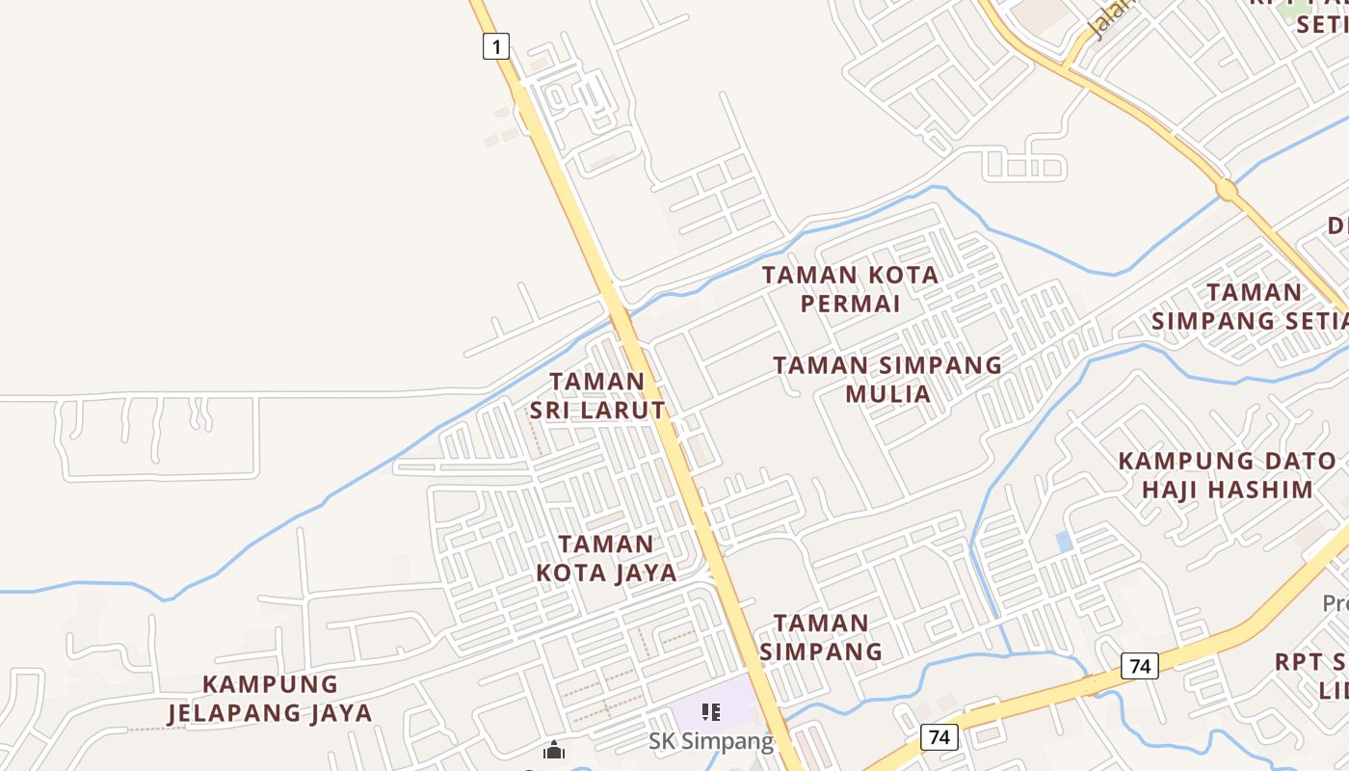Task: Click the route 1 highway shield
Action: (x=495, y=45)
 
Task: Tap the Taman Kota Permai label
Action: (x=850, y=289)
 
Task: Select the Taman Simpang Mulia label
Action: (x=887, y=379)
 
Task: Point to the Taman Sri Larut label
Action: (x=597, y=395)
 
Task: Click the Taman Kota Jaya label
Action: (x=606, y=558)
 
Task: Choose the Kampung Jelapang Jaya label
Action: (x=270, y=699)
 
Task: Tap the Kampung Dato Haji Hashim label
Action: (x=1227, y=475)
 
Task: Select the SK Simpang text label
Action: (x=710, y=741)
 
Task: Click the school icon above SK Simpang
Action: (x=711, y=712)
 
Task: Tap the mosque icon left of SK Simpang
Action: (x=553, y=750)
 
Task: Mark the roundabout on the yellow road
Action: (x=1227, y=190)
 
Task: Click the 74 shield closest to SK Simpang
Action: (x=939, y=737)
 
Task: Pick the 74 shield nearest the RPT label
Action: (x=1140, y=665)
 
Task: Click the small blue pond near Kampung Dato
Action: (x=1064, y=542)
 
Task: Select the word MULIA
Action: (x=887, y=393)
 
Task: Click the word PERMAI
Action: (x=850, y=304)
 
